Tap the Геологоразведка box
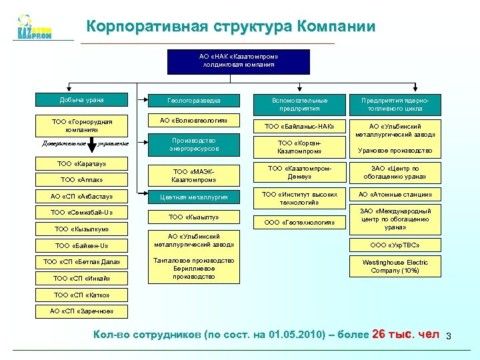pyautogui.click(x=194, y=101)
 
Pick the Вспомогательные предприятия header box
pyautogui.click(x=299, y=104)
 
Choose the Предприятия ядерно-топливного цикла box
pyautogui.click(x=395, y=104)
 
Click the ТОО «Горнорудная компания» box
pyautogui.click(x=82, y=125)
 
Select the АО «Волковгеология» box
pyautogui.click(x=194, y=121)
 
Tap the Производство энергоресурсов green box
pyautogui.click(x=194, y=145)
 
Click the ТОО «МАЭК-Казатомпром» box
pyautogui.click(x=194, y=175)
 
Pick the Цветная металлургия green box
pyautogui.click(x=194, y=197)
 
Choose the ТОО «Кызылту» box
pyautogui.click(x=194, y=217)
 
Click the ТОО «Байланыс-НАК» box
pyautogui.click(x=299, y=126)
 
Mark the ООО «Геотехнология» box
pyautogui.click(x=299, y=222)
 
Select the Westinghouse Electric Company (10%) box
pyautogui.click(x=395, y=267)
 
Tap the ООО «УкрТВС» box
pyautogui.click(x=395, y=245)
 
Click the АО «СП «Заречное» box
pyautogui.click(x=82, y=311)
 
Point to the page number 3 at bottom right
pyautogui.click(x=449, y=335)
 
